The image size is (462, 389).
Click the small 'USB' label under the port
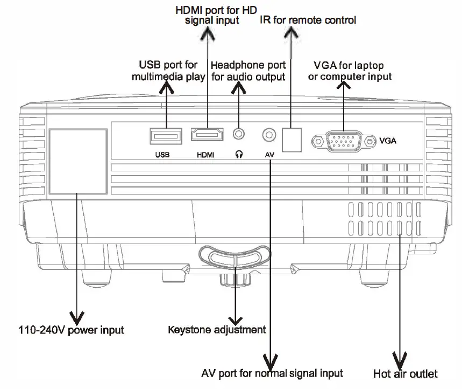click(162, 155)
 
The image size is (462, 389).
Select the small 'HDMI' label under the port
click(205, 155)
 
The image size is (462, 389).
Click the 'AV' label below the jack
click(270, 155)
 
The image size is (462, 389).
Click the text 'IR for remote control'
click(308, 20)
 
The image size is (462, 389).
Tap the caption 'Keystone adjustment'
click(217, 329)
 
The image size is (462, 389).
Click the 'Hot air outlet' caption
click(405, 373)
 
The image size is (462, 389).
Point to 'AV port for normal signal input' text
click(272, 373)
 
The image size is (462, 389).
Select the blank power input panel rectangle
click(77, 161)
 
